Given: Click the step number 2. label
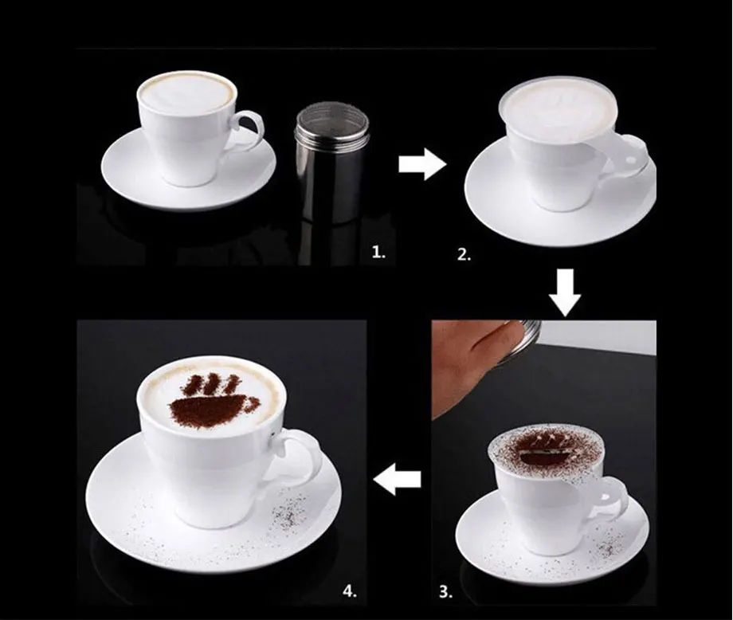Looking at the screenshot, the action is coord(464,255).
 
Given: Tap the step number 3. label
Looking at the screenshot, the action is coord(446,592).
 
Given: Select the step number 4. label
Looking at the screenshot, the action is coord(350,591).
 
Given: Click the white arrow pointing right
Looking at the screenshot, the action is coord(422,164).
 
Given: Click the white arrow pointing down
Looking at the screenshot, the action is coord(565,292).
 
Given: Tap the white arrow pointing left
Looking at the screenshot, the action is coord(397,480).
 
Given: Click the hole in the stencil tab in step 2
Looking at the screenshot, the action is coord(632,161).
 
